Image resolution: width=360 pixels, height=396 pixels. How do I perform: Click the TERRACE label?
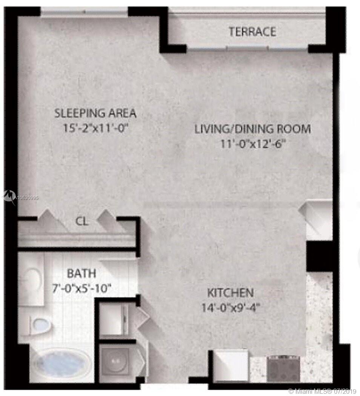(x=252, y=32)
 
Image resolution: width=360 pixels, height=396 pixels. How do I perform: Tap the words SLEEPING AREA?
(x=95, y=113)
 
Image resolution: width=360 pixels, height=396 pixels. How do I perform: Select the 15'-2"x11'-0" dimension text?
(x=96, y=128)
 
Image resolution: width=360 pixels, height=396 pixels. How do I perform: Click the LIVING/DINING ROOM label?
(x=252, y=129)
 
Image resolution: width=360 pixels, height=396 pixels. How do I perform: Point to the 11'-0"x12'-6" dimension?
(x=253, y=144)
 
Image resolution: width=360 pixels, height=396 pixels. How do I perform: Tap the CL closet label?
(x=82, y=221)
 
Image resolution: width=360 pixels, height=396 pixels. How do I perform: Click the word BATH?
(x=82, y=273)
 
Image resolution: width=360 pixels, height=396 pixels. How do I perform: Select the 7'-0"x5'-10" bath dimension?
(x=82, y=288)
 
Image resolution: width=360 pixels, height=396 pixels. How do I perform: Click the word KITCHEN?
(x=231, y=293)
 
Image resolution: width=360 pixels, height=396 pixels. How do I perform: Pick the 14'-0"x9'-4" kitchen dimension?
(x=231, y=308)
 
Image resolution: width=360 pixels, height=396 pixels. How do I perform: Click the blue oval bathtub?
(x=62, y=363)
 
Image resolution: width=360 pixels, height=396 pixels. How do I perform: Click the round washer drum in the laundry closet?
(x=115, y=362)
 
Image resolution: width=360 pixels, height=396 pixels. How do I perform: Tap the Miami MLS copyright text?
(x=322, y=391)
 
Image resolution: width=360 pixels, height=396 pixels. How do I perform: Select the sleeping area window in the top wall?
(x=85, y=11)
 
